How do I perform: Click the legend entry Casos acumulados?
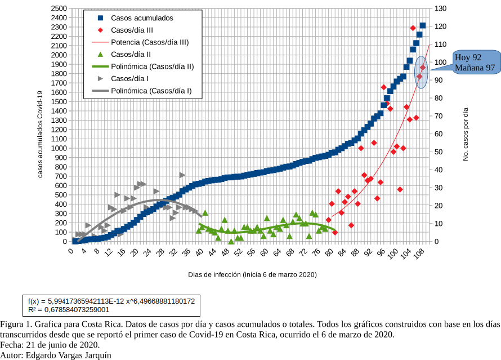141,18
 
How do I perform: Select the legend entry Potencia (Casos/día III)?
149,42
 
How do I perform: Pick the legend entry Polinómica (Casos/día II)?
152,66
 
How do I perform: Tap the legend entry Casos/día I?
129,79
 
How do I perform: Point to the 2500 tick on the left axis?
59,9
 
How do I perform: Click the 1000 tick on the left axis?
59,148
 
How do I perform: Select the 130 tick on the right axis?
440,9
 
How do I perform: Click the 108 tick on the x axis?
419,254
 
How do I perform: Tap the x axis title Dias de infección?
252,274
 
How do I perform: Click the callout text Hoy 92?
468,57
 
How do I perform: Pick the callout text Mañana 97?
475,68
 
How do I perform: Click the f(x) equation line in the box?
111,301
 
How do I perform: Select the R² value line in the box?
69,310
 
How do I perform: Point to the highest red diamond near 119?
413,28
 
